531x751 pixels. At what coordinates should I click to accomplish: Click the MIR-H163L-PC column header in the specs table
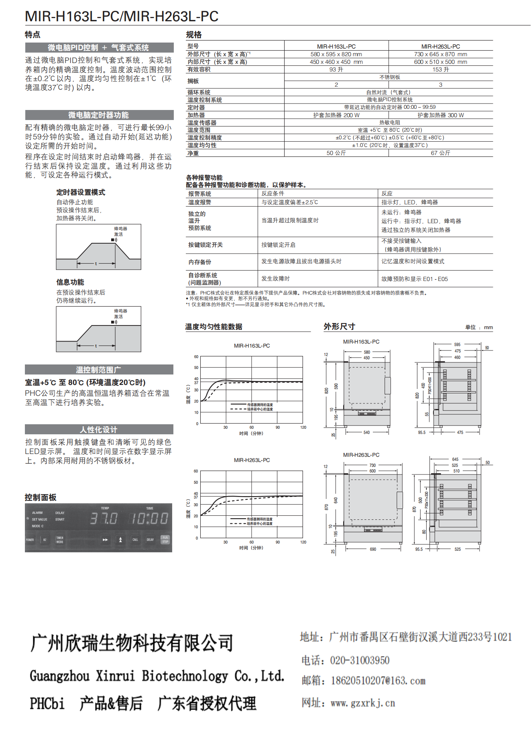pyautogui.click(x=336, y=47)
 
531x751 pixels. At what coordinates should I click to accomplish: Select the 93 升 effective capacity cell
pyautogui.click(x=336, y=69)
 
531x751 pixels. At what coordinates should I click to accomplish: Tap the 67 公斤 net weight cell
pyautogui.click(x=440, y=153)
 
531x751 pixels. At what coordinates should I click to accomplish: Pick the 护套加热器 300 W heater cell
pyautogui.click(x=440, y=115)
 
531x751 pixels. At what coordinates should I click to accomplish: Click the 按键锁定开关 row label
pyautogui.click(x=205, y=245)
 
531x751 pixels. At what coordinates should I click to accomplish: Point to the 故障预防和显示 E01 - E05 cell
pyautogui.click(x=414, y=279)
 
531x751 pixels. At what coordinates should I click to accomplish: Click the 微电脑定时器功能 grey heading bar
pyautogui.click(x=99, y=115)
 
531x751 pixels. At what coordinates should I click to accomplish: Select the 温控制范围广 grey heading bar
pyautogui.click(x=99, y=370)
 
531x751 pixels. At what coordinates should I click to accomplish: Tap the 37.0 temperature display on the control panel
pyautogui.click(x=104, y=519)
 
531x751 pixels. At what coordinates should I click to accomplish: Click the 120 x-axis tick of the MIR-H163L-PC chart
pyautogui.click(x=303, y=427)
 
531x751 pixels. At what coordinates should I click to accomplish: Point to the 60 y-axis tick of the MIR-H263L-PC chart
pyautogui.click(x=196, y=471)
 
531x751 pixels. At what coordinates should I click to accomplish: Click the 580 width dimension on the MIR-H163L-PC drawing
pyautogui.click(x=367, y=352)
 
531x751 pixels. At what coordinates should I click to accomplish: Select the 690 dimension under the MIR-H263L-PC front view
pyautogui.click(x=373, y=549)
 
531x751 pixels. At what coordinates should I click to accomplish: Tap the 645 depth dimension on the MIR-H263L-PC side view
pyautogui.click(x=455, y=459)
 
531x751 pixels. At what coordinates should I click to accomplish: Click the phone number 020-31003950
pyautogui.click(x=360, y=661)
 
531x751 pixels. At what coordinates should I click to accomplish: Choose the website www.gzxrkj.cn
pyautogui.click(x=362, y=703)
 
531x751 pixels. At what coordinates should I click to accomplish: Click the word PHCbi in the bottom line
pyautogui.click(x=47, y=704)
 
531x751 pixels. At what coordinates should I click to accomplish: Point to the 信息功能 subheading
pyautogui.click(x=70, y=282)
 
